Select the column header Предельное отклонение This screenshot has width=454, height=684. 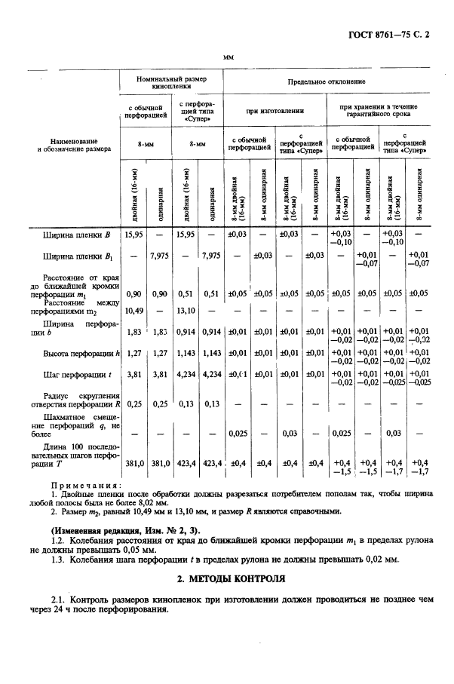327,81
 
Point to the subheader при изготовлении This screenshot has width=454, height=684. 275,111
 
